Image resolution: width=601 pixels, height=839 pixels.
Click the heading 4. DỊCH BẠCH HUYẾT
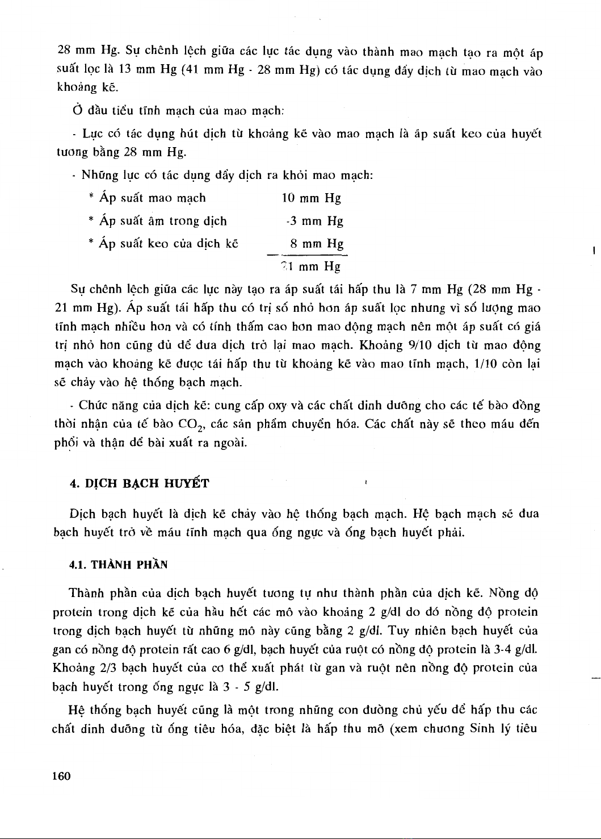click(x=139, y=483)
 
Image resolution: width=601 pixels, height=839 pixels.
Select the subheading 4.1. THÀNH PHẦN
click(x=118, y=565)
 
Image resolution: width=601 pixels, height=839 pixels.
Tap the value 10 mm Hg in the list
click(x=312, y=198)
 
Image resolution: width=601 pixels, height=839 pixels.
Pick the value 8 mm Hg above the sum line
click(x=317, y=244)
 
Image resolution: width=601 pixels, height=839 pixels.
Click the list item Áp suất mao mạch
click(x=152, y=198)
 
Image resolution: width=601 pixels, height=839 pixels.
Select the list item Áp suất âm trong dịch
click(x=163, y=221)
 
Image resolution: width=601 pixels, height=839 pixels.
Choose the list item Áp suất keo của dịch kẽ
click(x=169, y=244)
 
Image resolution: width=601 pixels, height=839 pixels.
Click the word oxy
click(x=277, y=406)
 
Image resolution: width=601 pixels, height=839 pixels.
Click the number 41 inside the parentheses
click(x=192, y=71)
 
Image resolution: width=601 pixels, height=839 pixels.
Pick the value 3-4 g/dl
click(x=518, y=649)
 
